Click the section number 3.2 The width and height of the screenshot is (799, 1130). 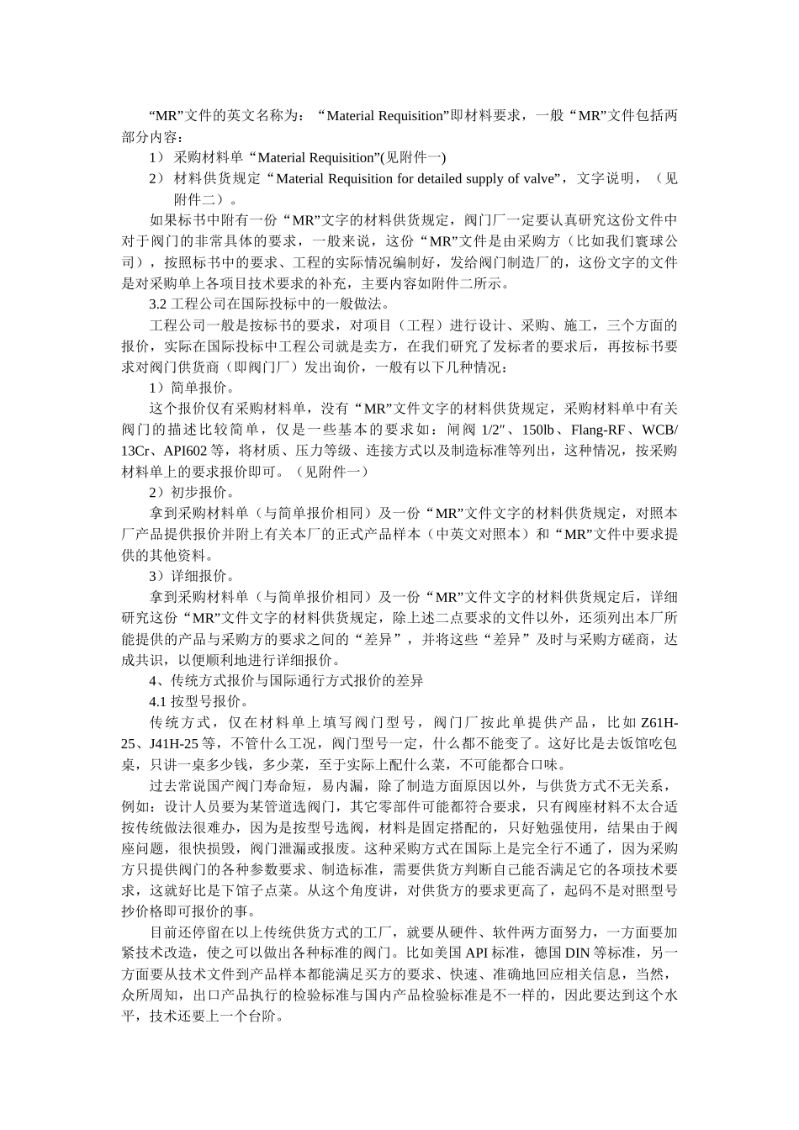(158, 304)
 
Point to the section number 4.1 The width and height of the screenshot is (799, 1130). (158, 702)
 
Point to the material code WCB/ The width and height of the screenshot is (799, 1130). (659, 430)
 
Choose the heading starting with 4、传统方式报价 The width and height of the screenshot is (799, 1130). (286, 681)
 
